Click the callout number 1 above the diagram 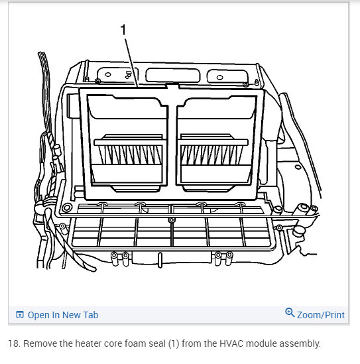tap(123, 30)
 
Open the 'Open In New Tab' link tap(62, 315)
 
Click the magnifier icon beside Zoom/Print tap(289, 313)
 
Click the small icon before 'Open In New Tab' tap(19, 315)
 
